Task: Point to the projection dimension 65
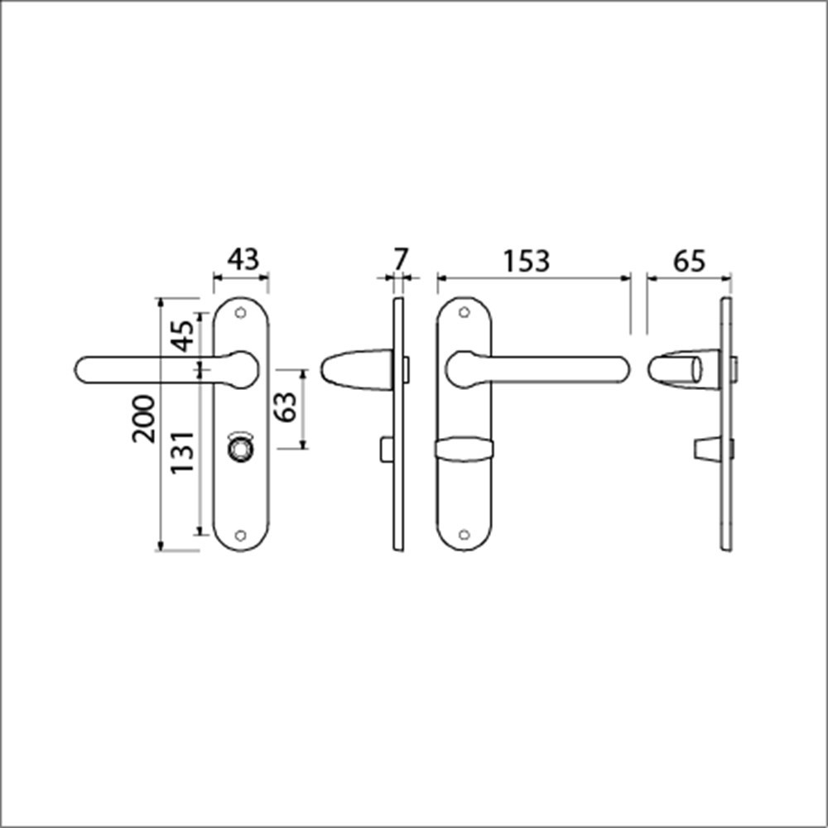point(688,261)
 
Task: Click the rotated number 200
point(144,418)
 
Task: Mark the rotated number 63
point(286,408)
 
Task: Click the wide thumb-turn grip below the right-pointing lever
point(464,450)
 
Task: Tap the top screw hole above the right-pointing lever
point(464,313)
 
